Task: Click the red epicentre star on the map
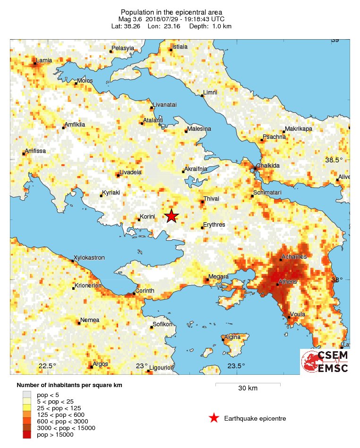tap(171, 216)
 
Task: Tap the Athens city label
tap(288, 282)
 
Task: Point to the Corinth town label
tap(145, 291)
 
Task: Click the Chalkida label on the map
tap(267, 166)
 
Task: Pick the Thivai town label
tap(211, 199)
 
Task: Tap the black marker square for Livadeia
tap(118, 176)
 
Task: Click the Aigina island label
tap(231, 337)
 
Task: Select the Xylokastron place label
tap(89, 258)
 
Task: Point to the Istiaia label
tap(180, 47)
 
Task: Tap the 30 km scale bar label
tap(248, 389)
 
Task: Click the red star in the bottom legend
tap(214, 418)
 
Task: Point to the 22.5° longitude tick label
tap(47, 366)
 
